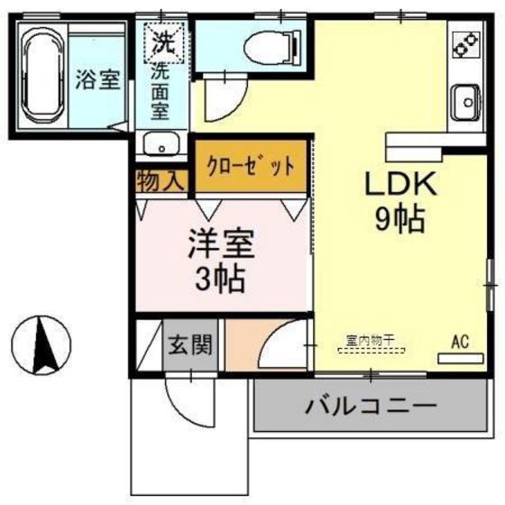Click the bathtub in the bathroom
[x=41, y=78]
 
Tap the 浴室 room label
[x=96, y=79]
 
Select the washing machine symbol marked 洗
[x=164, y=41]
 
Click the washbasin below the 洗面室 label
[x=163, y=144]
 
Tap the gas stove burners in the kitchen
[x=466, y=41]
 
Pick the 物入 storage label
[x=160, y=180]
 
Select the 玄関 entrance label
[x=189, y=344]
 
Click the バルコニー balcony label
[x=370, y=404]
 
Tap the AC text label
[x=460, y=342]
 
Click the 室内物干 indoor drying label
[x=371, y=341]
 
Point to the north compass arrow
[x=41, y=344]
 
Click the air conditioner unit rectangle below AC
[x=460, y=358]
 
